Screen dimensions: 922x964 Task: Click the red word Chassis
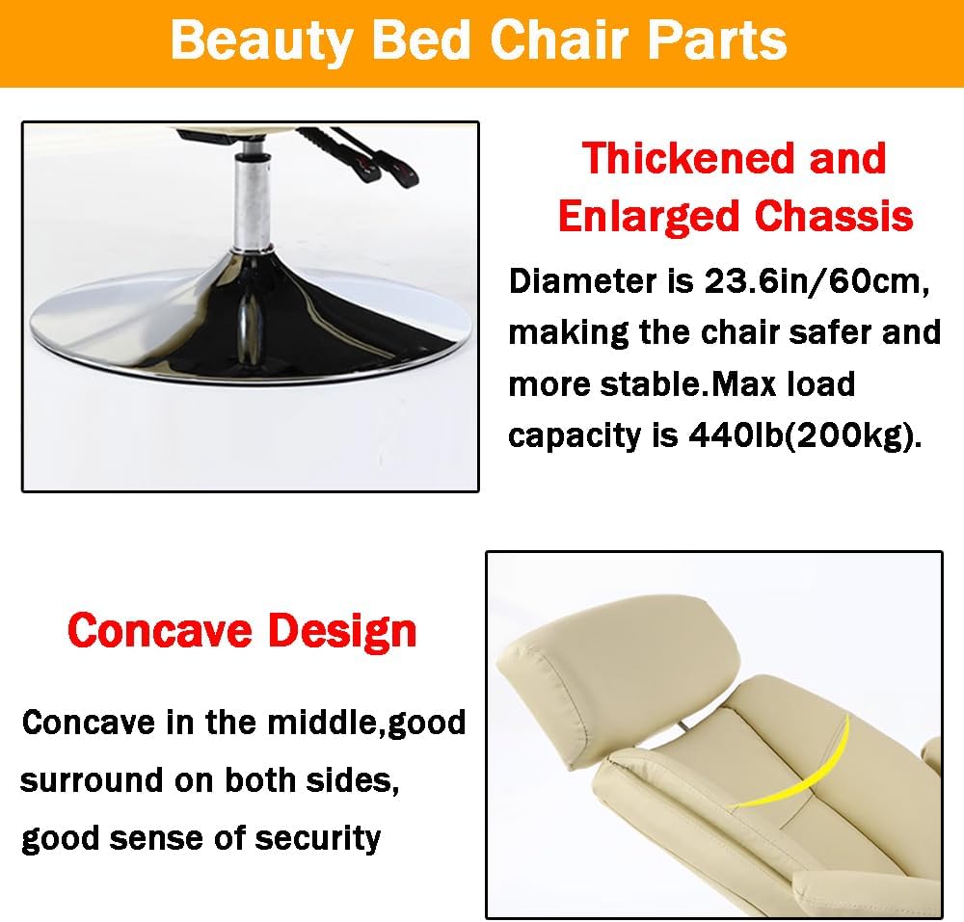pyautogui.click(x=833, y=217)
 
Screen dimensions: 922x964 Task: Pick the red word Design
pyautogui.click(x=342, y=631)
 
